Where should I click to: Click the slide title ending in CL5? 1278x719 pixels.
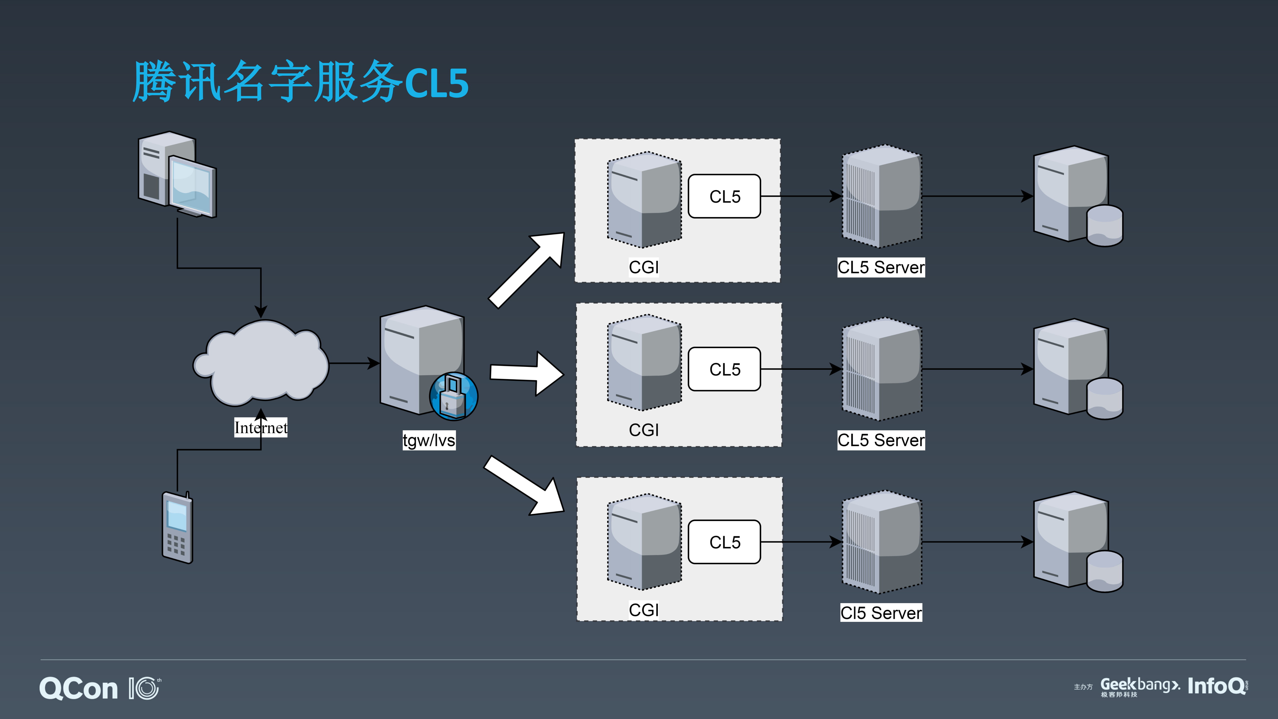coord(300,82)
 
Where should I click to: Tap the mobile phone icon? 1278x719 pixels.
coord(177,527)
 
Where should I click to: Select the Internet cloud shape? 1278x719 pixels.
coord(261,362)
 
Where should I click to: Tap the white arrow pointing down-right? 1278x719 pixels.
coord(526,486)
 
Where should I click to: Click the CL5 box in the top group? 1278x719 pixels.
coord(724,197)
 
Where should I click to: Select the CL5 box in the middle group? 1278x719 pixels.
coord(724,369)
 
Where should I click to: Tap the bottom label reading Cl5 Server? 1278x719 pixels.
coord(881,613)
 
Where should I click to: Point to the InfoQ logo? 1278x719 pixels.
coord(1217,686)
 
